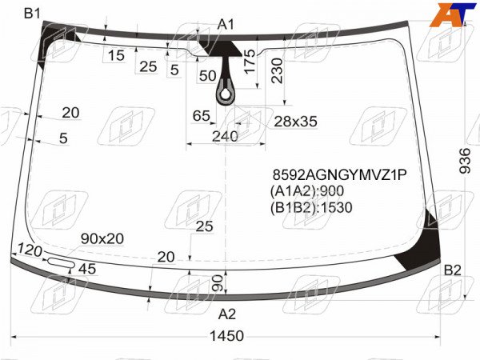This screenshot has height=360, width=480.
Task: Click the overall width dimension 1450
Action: pyautogui.click(x=226, y=336)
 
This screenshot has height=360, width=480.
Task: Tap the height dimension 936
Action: pyautogui.click(x=465, y=161)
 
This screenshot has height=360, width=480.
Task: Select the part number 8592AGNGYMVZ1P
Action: pyautogui.click(x=340, y=174)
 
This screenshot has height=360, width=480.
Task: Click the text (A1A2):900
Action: pyautogui.click(x=307, y=191)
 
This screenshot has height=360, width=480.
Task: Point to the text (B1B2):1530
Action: pyautogui.click(x=311, y=207)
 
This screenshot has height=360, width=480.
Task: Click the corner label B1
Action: pyautogui.click(x=32, y=14)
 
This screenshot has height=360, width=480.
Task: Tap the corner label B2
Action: pyautogui.click(x=453, y=270)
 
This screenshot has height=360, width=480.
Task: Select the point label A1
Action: pyautogui.click(x=226, y=24)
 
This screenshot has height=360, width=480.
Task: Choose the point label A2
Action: pyautogui.click(x=227, y=314)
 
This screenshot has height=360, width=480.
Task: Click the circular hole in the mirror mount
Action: pyautogui.click(x=226, y=94)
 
